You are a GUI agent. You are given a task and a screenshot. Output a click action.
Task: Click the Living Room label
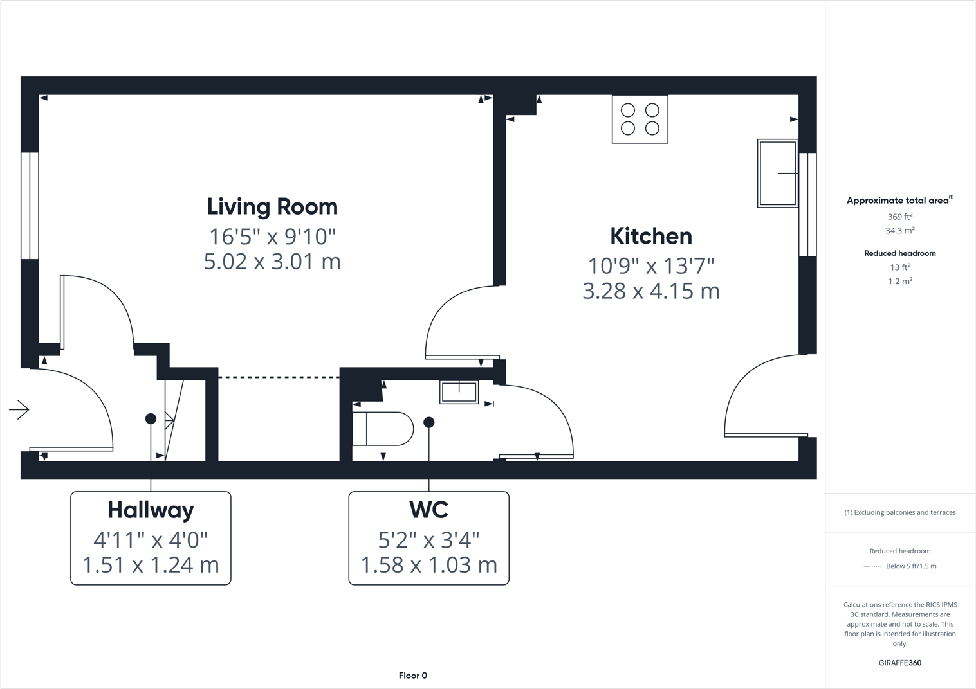(x=272, y=207)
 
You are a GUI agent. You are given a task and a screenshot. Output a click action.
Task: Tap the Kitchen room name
(x=650, y=236)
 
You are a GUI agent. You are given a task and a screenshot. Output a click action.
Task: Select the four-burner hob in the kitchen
(x=640, y=120)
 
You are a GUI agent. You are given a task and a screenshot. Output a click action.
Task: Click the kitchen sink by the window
(x=777, y=173)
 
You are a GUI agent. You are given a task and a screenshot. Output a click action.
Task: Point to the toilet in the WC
(x=383, y=429)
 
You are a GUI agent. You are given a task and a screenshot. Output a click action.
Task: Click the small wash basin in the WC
(x=459, y=391)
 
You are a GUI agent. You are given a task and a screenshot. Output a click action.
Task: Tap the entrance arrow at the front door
(x=19, y=409)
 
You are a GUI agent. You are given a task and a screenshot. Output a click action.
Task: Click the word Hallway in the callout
(x=151, y=510)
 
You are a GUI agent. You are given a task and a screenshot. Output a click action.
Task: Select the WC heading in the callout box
(x=428, y=510)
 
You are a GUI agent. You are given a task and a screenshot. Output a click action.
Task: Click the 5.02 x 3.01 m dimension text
(x=272, y=262)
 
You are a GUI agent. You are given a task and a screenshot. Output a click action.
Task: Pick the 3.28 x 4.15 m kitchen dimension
(x=650, y=291)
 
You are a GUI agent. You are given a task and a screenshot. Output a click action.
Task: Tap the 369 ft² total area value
(x=899, y=217)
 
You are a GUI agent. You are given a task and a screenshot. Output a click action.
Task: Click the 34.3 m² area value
(x=899, y=230)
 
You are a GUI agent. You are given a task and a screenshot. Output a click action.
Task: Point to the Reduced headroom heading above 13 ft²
(x=899, y=253)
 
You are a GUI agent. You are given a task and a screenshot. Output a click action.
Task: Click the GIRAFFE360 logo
(x=899, y=663)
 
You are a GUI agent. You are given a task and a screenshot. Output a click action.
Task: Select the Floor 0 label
(x=412, y=676)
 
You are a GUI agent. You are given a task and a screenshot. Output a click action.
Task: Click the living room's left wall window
(x=30, y=206)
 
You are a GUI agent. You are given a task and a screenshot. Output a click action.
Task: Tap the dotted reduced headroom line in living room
(x=279, y=377)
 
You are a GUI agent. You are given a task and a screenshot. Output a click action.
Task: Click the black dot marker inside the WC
(x=429, y=422)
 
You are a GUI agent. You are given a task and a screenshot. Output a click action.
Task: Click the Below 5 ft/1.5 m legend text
(x=910, y=566)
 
